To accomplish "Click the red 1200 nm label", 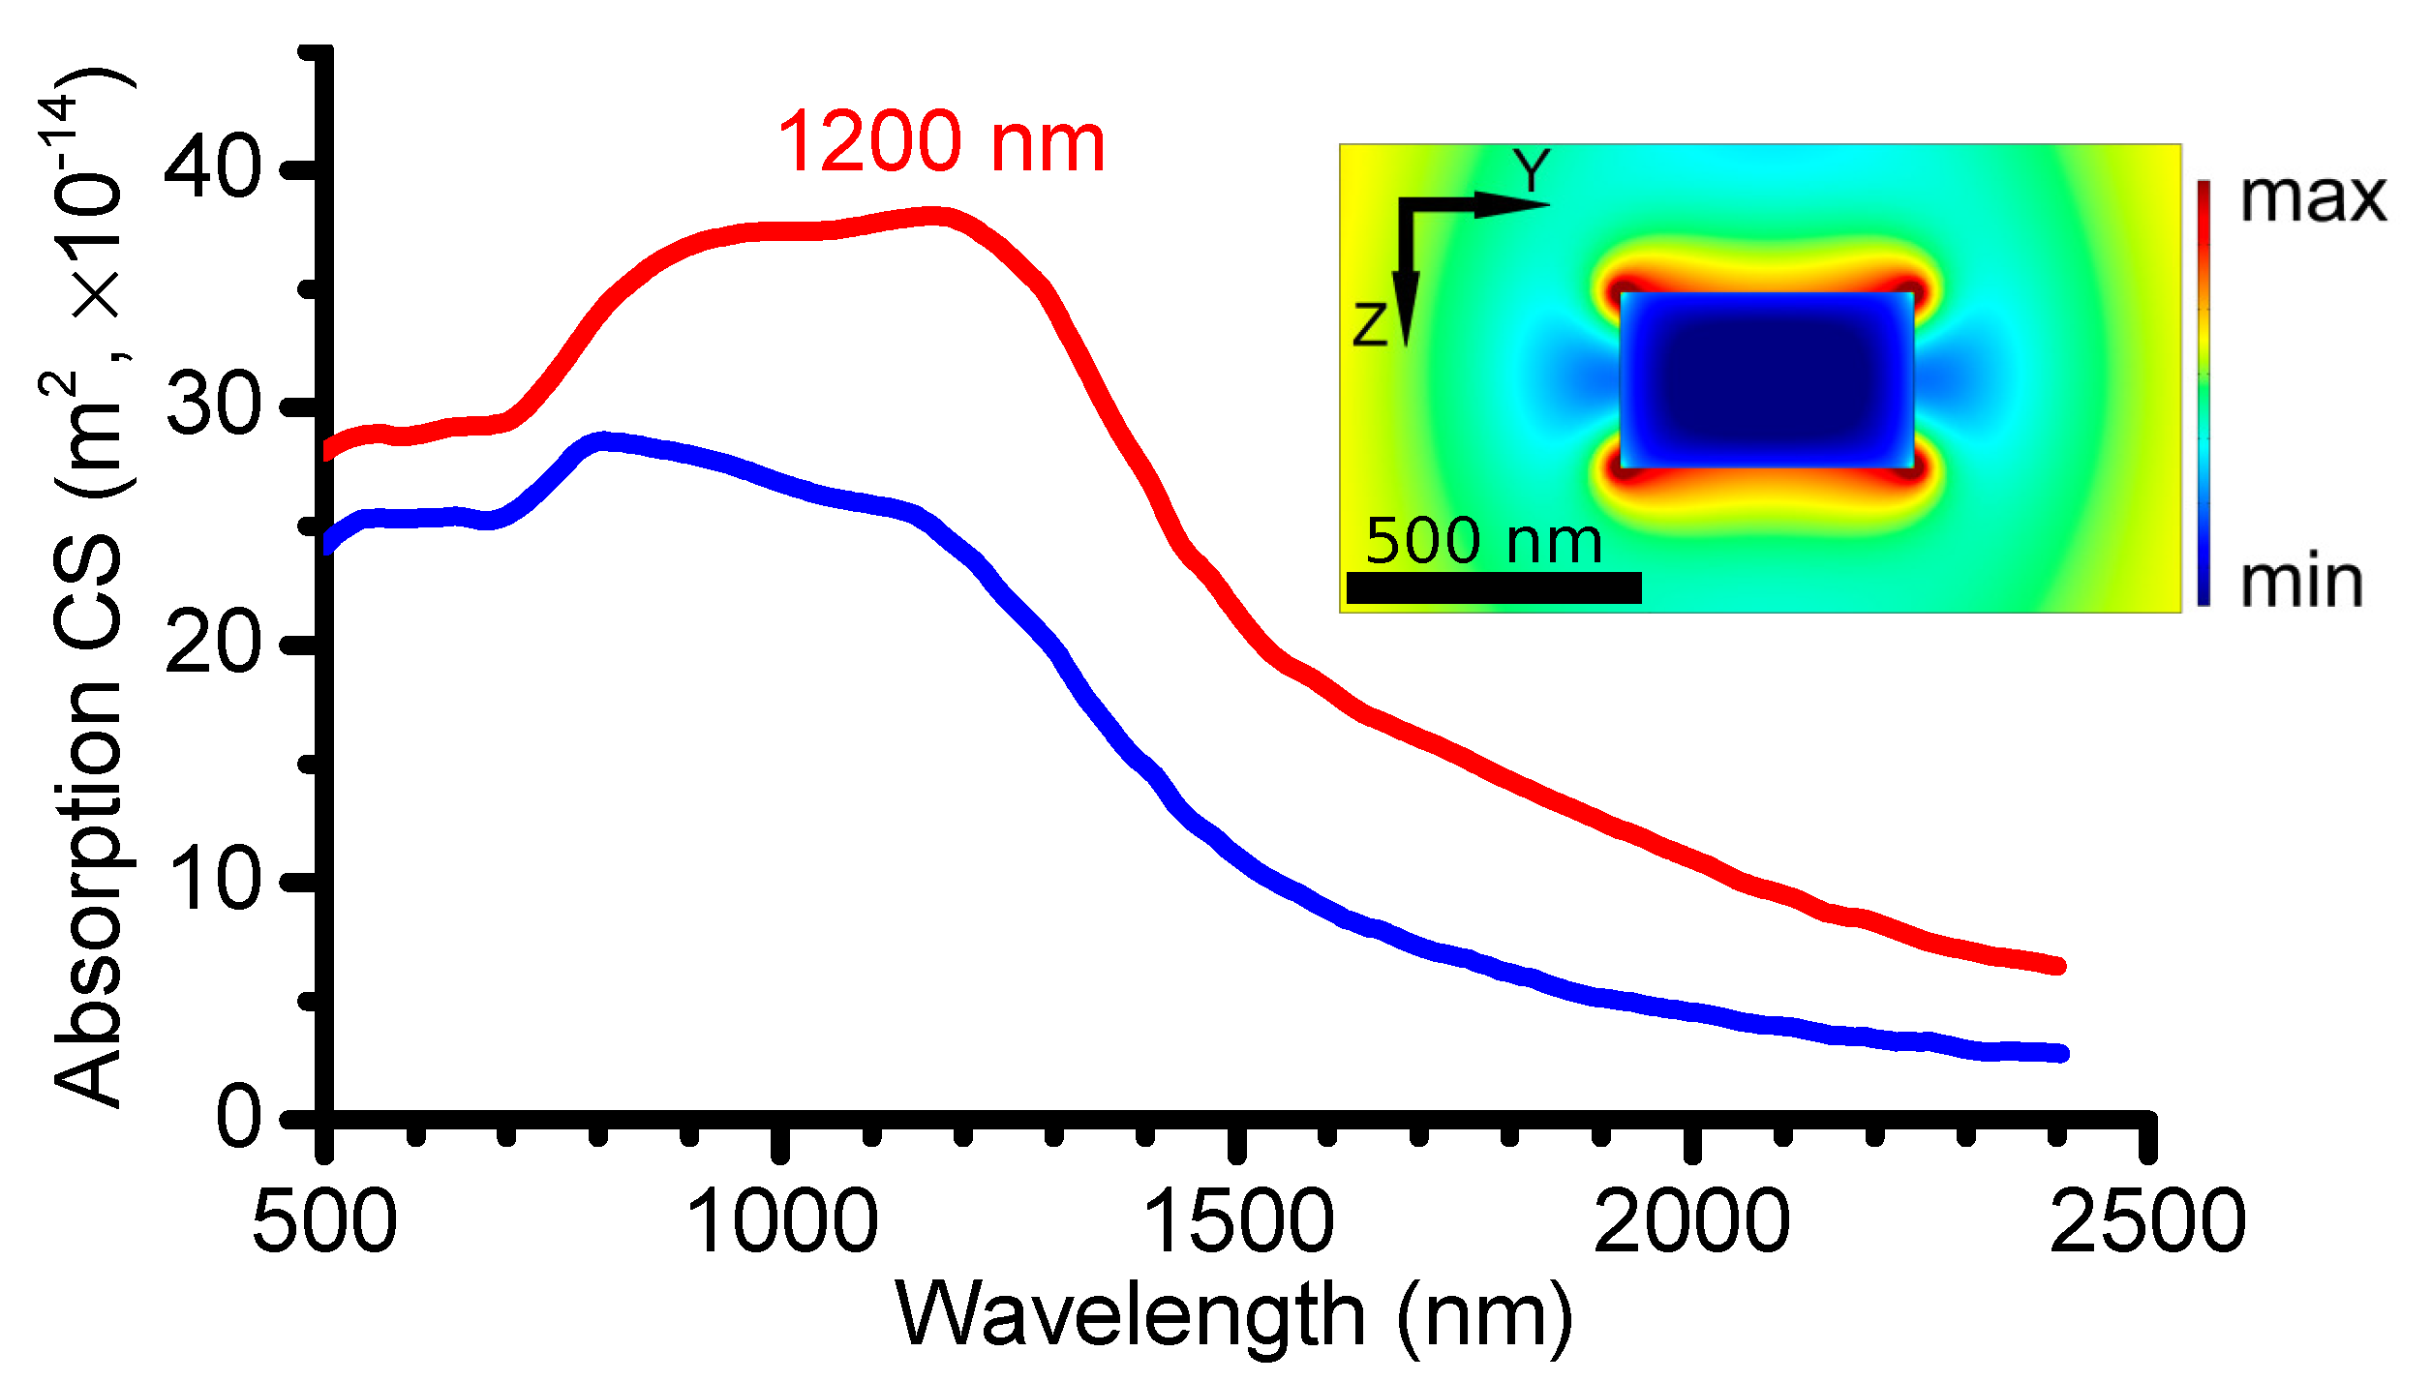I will pos(940,143).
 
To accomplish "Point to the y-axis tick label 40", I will pos(212,167).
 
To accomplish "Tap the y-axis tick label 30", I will pos(212,405).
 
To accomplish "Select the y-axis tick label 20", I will pos(212,643).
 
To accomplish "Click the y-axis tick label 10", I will pos(212,879).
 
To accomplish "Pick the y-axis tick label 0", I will pos(237,1117).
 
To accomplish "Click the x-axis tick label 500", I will pos(324,1222).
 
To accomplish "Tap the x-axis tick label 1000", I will pos(781,1222).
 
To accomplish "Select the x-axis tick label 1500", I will pos(1238,1222).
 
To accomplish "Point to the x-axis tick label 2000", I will pos(1691,1222).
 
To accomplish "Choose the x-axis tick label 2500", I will pos(2147,1222).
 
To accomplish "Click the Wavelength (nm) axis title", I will pos(1234,1316).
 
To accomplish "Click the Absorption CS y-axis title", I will pos(87,590).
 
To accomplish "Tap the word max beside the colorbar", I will pos(2312,198).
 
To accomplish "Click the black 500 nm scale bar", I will pos(1493,587).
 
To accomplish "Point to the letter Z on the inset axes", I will pos(1370,324).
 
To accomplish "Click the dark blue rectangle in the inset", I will pos(1767,380).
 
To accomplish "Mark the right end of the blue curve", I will pos(2060,1053).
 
